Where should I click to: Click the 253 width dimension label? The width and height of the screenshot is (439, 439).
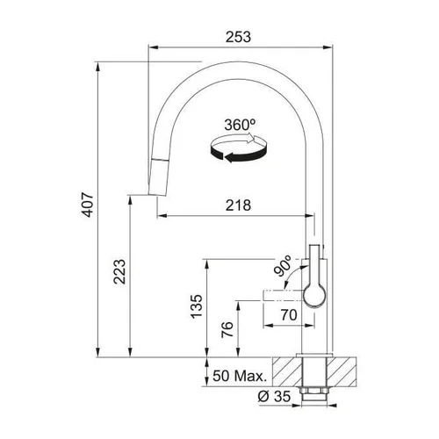(238, 37)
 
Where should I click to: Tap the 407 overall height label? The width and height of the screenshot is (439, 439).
(88, 205)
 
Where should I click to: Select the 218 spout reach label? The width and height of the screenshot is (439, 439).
(238, 205)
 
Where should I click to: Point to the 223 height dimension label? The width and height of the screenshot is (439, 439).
(119, 271)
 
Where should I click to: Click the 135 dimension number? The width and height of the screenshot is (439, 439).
(197, 306)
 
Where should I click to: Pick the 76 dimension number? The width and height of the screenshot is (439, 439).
(227, 329)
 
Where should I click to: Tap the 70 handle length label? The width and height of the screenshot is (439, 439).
(289, 315)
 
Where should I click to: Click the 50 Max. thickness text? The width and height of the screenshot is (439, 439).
(240, 376)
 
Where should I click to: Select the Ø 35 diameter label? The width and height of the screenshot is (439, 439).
(274, 397)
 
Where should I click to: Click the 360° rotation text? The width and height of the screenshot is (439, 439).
(240, 125)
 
